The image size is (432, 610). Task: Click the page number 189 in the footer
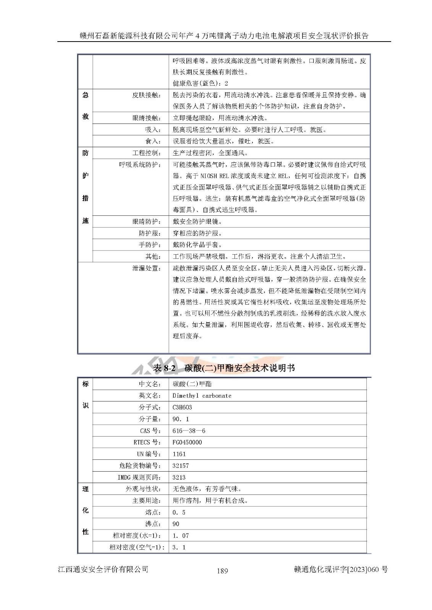pyautogui.click(x=222, y=570)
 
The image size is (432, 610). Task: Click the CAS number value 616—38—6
pyautogui.click(x=189, y=431)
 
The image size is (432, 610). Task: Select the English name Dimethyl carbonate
pyautogui.click(x=202, y=396)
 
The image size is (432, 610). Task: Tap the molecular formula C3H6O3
pyautogui.click(x=182, y=407)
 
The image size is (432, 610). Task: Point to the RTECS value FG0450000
pyautogui.click(x=187, y=442)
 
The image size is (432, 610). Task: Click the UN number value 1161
pyautogui.click(x=179, y=454)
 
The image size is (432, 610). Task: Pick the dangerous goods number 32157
pyautogui.click(x=181, y=466)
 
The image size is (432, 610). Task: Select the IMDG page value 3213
pyautogui.click(x=179, y=477)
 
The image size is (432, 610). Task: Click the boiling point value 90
pyautogui.click(x=176, y=524)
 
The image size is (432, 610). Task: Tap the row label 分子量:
pyautogui.click(x=150, y=419)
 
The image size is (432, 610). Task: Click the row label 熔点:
pyautogui.click(x=153, y=512)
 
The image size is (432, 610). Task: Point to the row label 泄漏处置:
pyautogui.click(x=147, y=268)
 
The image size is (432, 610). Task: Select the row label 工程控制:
pyautogui.click(x=147, y=153)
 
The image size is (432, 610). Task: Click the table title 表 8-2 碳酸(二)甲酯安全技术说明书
pyautogui.click(x=224, y=368)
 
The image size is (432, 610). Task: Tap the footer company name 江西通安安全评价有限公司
pyautogui.click(x=103, y=569)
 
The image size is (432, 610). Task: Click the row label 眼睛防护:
pyautogui.click(x=147, y=222)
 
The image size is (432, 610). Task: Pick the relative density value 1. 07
pyautogui.click(x=181, y=536)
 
